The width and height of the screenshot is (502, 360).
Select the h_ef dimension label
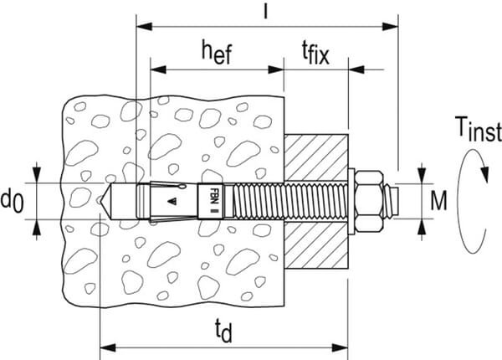215,53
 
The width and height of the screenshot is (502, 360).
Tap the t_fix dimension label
317,54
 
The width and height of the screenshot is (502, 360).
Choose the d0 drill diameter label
12,201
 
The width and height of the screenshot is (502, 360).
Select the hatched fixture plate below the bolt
316,245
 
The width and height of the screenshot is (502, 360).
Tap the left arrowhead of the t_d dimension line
105,345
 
